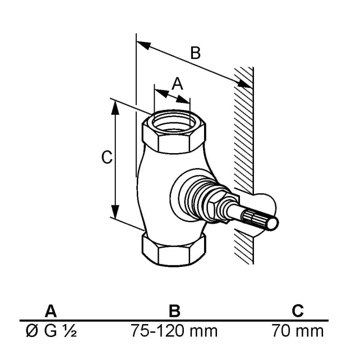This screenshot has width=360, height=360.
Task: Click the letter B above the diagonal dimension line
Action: coord(195,53)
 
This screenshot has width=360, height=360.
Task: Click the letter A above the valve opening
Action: coord(178,84)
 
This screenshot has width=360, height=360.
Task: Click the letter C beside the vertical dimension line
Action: coord(107,157)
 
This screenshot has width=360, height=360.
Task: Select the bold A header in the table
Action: coord(51,311)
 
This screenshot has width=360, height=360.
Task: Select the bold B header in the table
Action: coord(175,311)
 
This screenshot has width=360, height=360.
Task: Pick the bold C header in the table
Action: coord(298,311)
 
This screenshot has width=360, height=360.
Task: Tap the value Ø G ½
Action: coord(51,331)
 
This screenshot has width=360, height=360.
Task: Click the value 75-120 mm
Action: coord(174,331)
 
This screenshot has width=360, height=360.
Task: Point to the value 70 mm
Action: coord(298,331)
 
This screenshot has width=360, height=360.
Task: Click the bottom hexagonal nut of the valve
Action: coord(174,250)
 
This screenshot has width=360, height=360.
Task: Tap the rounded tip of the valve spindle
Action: coord(273,223)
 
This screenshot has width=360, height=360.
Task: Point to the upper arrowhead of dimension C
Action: coord(115,108)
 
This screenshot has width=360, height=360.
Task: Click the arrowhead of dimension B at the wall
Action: coord(244,84)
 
